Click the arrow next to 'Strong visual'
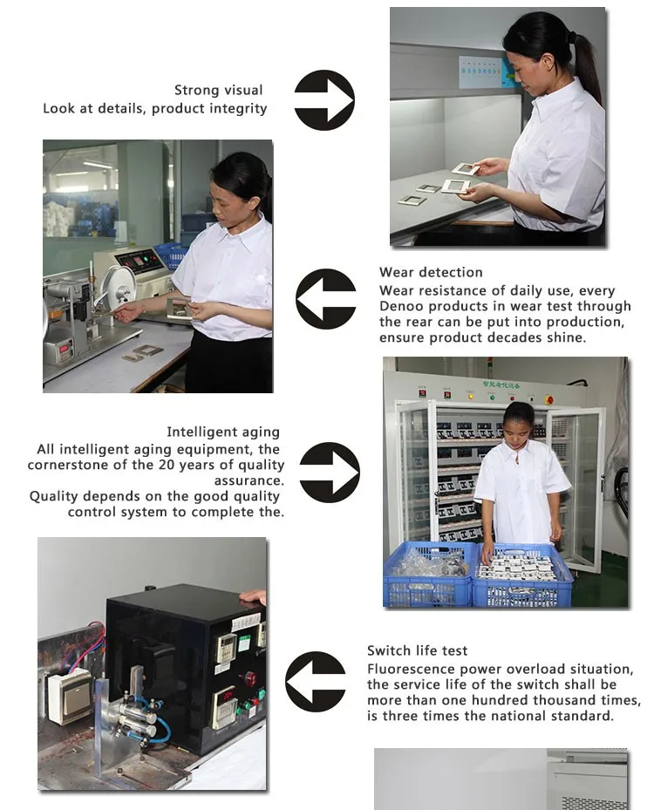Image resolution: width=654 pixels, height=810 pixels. pos(324,100)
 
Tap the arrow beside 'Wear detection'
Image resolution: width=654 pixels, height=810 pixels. pos(326,298)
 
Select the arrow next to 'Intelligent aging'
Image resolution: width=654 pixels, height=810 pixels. pos(330,473)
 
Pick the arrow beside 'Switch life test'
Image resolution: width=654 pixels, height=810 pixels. pos(316,681)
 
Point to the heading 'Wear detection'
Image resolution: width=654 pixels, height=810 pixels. pos(431,272)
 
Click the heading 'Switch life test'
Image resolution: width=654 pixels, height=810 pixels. pos(418,650)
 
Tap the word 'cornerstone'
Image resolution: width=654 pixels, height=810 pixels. pos(68,465)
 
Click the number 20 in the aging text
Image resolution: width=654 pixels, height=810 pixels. pos(167,465)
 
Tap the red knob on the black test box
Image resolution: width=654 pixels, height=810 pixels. pos(250,677)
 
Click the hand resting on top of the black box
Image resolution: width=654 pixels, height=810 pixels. pos(253,596)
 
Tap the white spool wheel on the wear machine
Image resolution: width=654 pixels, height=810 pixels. pos(119,285)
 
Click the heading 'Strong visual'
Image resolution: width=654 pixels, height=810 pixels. pos(219,91)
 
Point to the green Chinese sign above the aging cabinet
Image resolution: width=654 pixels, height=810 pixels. pos(501,385)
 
